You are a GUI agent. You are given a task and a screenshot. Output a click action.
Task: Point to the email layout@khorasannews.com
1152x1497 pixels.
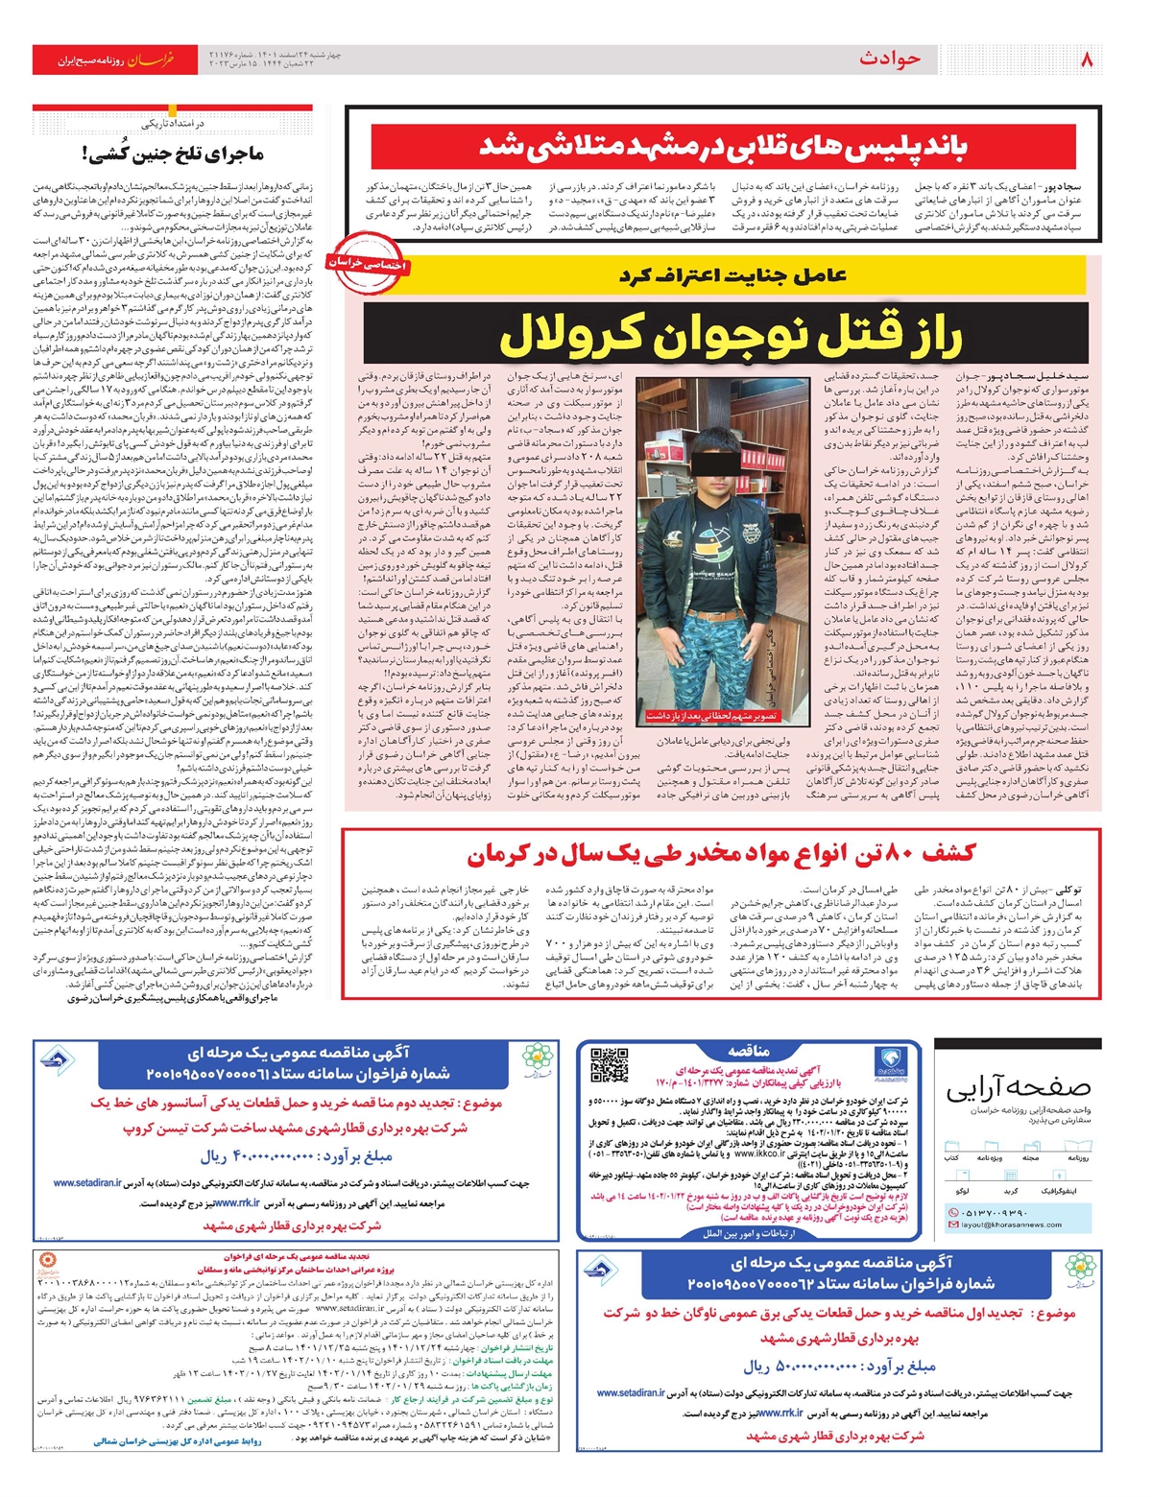point(1008,1224)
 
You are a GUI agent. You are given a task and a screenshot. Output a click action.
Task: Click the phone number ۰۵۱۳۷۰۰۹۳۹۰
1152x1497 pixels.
point(998,1211)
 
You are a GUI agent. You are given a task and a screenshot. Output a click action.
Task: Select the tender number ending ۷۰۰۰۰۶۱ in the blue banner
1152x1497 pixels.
point(298,1073)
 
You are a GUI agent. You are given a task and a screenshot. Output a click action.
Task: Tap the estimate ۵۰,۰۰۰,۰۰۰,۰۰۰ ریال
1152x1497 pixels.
point(838,1366)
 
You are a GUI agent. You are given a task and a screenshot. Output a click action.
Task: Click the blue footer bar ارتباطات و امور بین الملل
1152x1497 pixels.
point(747,1233)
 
